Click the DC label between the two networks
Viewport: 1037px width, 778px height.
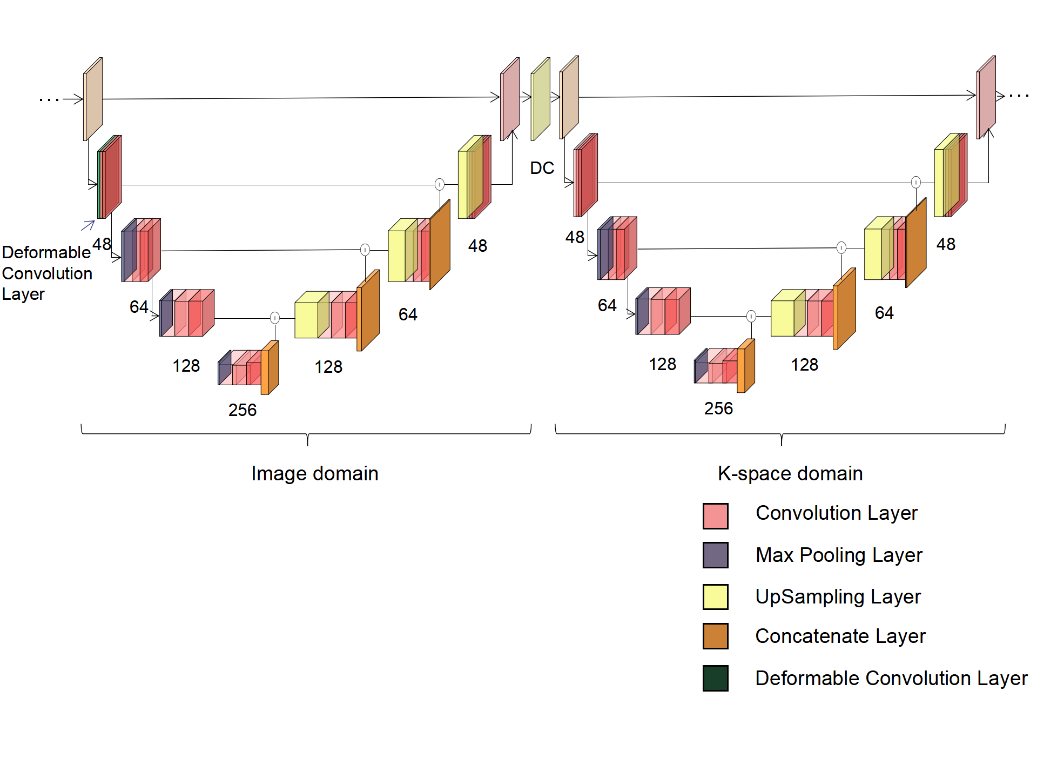point(542,168)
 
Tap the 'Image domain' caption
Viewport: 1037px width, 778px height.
point(314,473)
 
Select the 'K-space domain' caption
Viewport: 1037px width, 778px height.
point(790,473)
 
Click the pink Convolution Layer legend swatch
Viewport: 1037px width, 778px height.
point(715,515)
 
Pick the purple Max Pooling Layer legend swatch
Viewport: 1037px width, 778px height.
point(715,555)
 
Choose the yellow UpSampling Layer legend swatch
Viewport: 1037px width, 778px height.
point(715,596)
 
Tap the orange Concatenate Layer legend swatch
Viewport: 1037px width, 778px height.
point(715,636)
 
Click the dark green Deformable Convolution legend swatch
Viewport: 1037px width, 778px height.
point(715,678)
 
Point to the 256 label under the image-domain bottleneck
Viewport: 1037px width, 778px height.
point(242,410)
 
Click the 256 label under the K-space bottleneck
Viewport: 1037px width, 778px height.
point(718,408)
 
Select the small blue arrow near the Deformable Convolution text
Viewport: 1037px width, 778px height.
point(87,225)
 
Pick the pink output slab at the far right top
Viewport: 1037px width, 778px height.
point(986,98)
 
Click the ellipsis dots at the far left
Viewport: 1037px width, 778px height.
point(49,99)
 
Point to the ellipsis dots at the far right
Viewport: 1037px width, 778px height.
point(1019,96)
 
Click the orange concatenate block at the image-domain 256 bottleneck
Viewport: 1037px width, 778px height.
point(270,368)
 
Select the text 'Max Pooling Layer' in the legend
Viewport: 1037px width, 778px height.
point(839,555)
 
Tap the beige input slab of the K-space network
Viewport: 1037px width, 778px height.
point(569,98)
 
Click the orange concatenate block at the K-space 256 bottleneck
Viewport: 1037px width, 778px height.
point(745,366)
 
